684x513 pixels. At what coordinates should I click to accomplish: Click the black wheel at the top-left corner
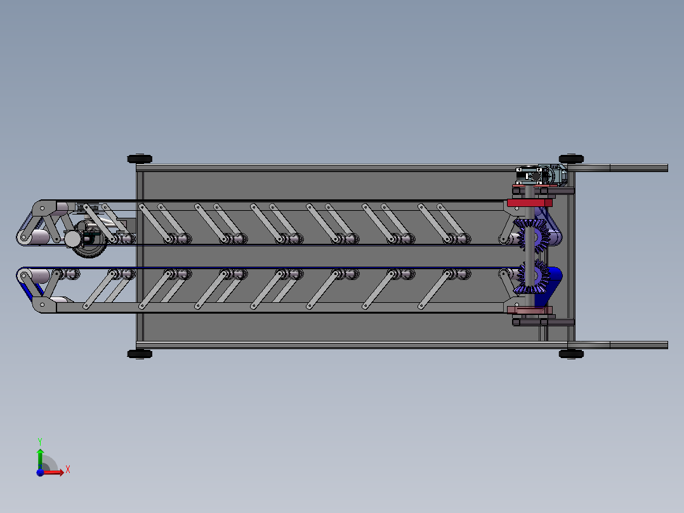coord(140,159)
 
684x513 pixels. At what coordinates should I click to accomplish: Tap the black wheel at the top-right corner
coord(571,159)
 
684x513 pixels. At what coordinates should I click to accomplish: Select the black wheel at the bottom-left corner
coord(140,354)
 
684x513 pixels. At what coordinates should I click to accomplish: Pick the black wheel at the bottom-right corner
coord(571,354)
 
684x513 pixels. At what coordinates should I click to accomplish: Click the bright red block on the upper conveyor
coord(530,203)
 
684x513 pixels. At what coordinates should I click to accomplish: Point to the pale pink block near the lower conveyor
coord(530,310)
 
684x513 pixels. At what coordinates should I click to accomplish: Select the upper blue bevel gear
coord(532,236)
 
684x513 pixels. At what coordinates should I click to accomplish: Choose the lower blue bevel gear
coord(532,276)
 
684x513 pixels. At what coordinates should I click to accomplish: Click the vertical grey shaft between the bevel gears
coord(529,247)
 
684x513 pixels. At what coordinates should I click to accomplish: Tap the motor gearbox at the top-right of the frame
coord(541,175)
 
